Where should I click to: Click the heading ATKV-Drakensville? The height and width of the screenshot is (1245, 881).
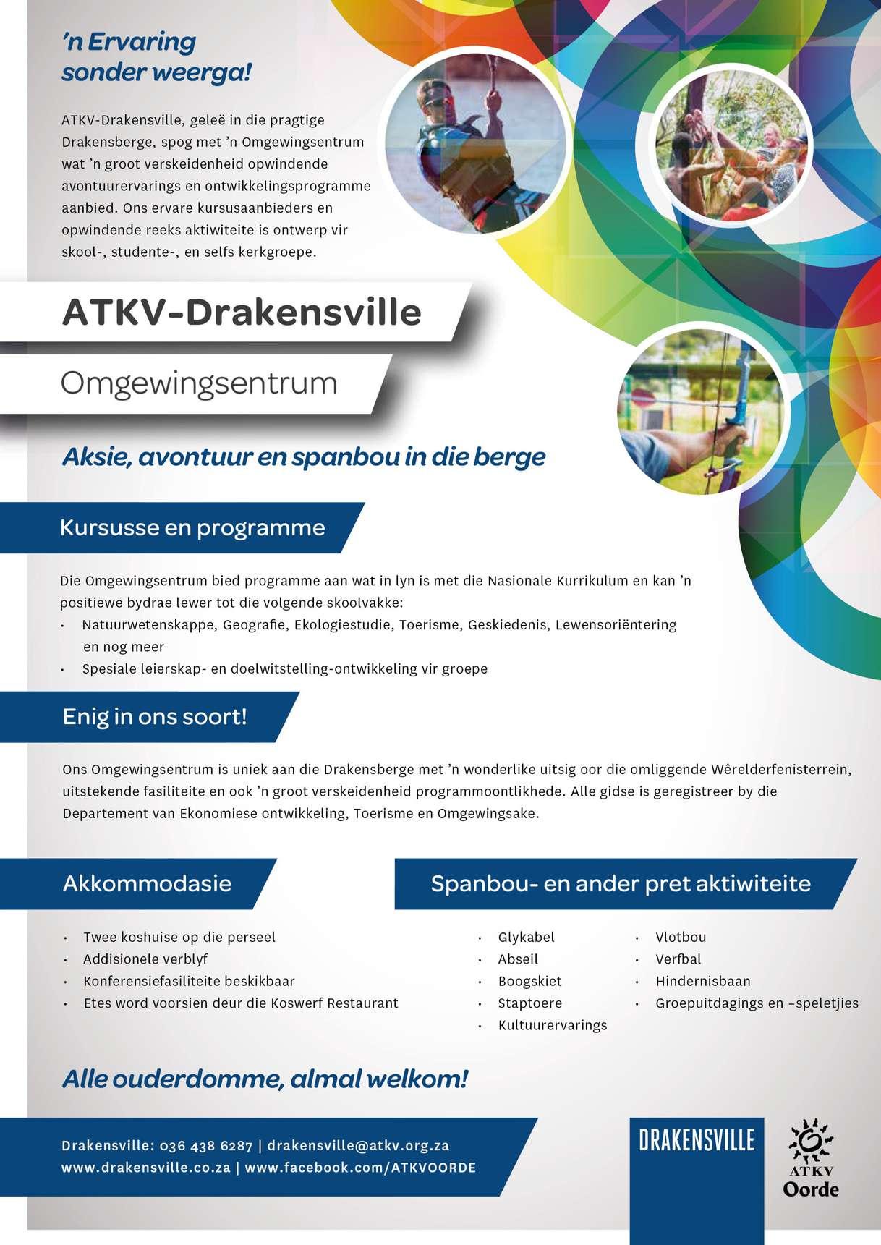point(242,313)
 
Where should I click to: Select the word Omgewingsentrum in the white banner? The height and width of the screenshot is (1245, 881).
point(199,383)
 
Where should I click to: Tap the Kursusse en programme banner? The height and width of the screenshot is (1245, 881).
point(192,527)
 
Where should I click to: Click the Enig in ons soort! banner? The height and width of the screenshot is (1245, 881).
point(155,717)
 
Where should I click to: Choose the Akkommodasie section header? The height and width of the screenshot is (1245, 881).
point(147,883)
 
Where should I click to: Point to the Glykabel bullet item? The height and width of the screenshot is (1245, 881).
point(526,937)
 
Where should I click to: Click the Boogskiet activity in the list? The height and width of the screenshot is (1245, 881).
point(529,981)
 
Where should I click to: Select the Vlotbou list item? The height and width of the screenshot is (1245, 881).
point(681,937)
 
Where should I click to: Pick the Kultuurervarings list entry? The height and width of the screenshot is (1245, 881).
point(552,1025)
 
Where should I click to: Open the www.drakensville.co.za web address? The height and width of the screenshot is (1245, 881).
point(145,1168)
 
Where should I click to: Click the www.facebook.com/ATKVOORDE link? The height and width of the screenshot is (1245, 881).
point(360,1168)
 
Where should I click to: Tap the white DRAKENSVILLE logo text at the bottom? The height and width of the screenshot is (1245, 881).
point(697,1141)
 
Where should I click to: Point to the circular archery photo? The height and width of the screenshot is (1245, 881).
point(700,410)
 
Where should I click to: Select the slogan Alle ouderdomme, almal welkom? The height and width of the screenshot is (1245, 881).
point(265,1079)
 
